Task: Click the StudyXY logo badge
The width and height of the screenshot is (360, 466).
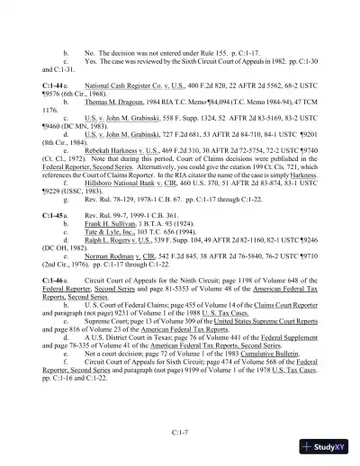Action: coord(327,447)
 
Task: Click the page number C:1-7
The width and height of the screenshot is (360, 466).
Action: coord(179,433)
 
